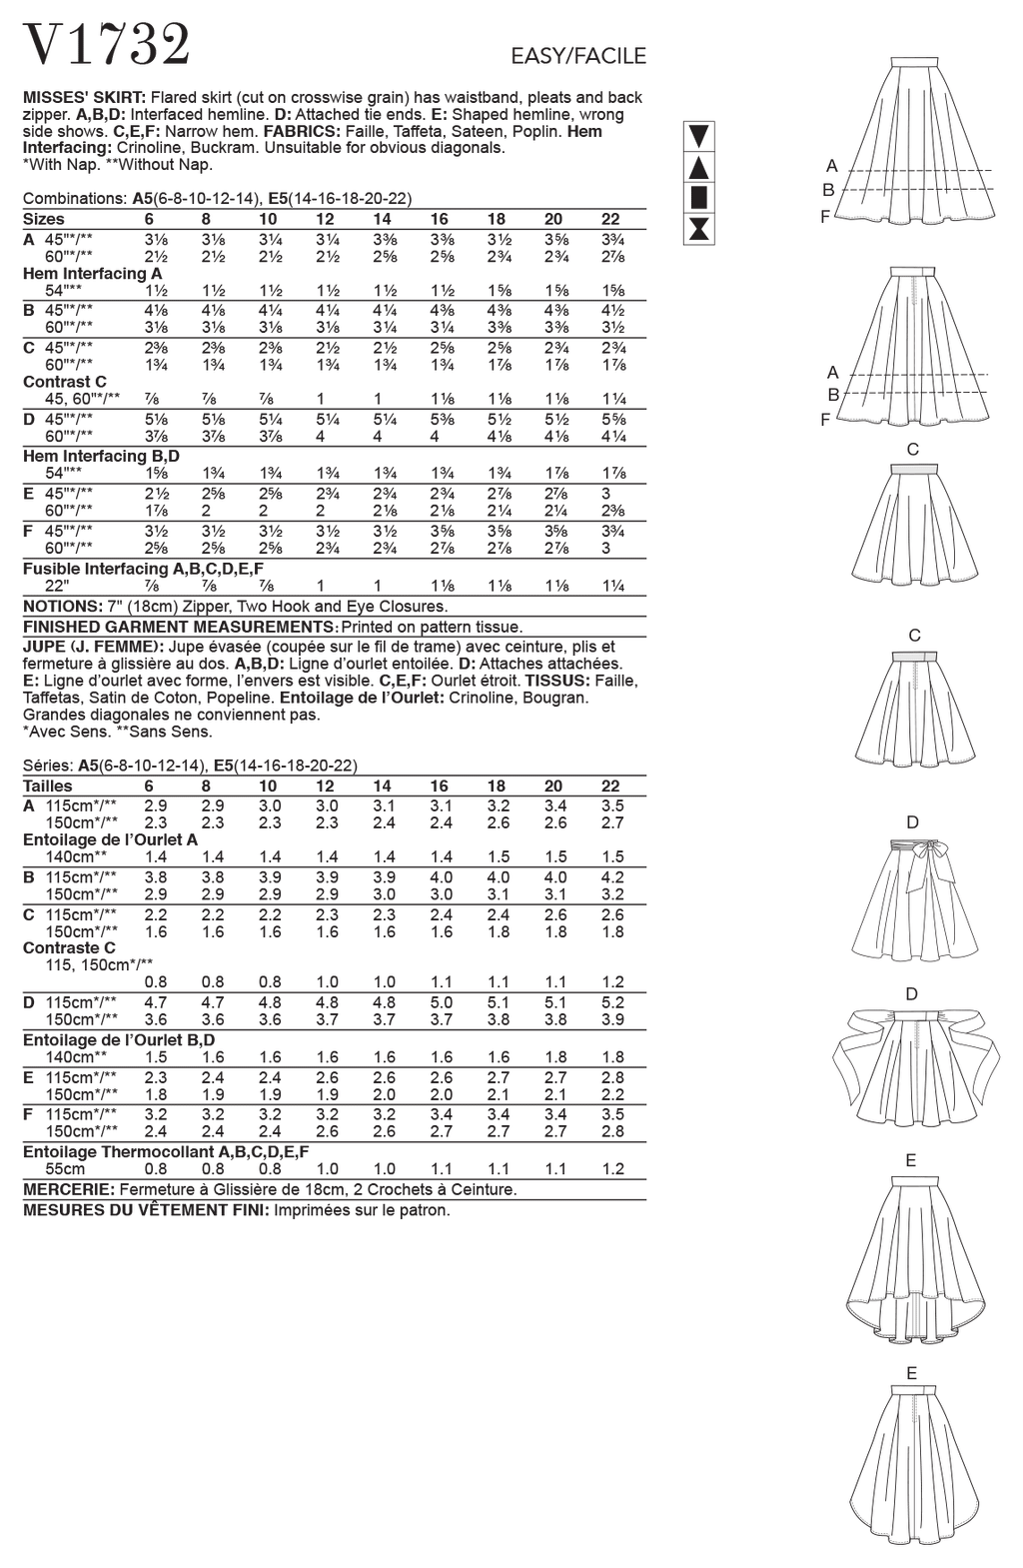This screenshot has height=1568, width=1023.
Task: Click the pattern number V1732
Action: tap(107, 46)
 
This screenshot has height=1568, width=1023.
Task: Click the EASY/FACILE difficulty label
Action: tap(578, 56)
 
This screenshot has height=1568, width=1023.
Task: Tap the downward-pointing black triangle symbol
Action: tap(699, 136)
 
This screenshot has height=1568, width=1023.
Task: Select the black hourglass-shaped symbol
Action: tap(699, 229)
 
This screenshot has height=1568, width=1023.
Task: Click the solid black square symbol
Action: tap(699, 197)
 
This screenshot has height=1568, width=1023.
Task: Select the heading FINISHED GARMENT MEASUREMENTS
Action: tap(180, 627)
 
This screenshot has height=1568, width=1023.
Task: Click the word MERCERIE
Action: tap(67, 1190)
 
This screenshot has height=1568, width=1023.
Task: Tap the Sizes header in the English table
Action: tap(43, 219)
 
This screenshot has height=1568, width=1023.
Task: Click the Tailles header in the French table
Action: tap(47, 786)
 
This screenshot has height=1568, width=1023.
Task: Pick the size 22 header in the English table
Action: tap(610, 219)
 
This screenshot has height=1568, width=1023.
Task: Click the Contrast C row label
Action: tap(65, 382)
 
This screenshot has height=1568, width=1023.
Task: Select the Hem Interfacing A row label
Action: tap(93, 273)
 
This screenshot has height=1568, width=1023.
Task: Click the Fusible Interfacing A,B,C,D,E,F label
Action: tap(143, 569)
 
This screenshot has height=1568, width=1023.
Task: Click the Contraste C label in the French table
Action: tap(69, 948)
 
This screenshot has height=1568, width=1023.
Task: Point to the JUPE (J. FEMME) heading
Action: tap(93, 647)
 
